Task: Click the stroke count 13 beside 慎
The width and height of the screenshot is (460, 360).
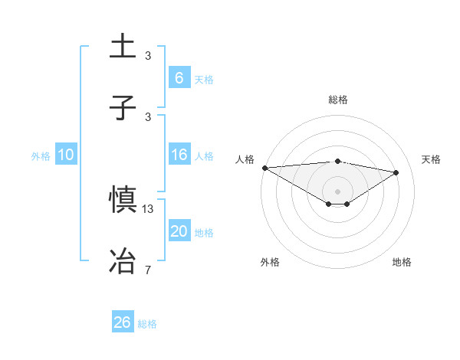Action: pos(149,209)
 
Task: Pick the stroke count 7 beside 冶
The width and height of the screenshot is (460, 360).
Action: pos(148,269)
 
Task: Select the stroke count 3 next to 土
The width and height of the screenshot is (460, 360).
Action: pos(148,56)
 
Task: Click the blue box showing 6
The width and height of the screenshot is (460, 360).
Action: pos(179,78)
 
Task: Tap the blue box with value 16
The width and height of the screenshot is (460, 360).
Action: pos(179,155)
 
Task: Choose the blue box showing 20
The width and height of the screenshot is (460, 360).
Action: pos(179,232)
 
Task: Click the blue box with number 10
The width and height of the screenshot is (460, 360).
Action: pos(66,155)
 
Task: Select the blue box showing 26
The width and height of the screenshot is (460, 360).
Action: pos(123,322)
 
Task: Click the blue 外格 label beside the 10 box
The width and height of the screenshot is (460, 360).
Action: pos(41,156)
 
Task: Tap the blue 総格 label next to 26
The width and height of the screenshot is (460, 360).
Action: pos(147,324)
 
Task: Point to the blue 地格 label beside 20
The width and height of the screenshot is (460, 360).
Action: pos(204,233)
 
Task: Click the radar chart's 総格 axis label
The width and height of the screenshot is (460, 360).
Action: pos(337,100)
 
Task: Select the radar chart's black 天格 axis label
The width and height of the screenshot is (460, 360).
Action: pos(432,159)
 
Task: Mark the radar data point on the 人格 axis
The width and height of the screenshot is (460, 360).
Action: pos(264,168)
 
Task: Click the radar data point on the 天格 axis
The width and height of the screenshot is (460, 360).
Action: pos(396,172)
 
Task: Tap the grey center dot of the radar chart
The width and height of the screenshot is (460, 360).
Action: pos(337,191)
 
